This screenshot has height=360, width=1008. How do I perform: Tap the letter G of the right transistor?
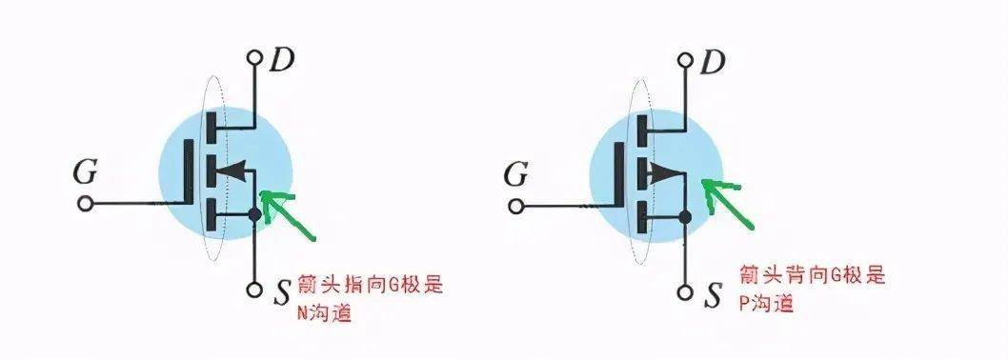515,174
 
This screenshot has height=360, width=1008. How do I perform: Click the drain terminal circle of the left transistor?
254,57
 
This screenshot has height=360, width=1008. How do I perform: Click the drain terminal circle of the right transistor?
685,58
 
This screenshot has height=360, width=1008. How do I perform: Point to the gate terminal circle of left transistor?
85,204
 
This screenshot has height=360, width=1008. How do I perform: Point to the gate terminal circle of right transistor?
516,206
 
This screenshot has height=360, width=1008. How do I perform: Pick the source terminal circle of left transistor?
254,290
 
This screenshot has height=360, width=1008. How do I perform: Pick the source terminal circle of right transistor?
685,291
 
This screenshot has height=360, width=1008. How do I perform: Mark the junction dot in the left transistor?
254,214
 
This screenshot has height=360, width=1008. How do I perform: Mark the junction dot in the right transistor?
685,218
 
